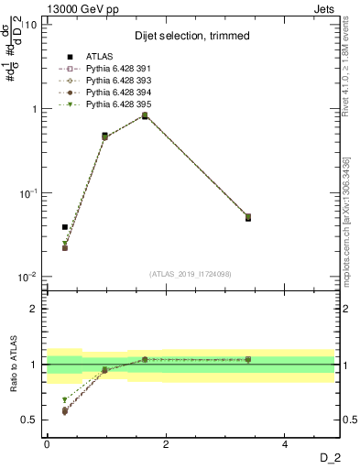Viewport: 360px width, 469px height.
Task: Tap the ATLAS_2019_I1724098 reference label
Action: click(190, 274)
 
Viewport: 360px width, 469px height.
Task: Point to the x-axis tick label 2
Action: click(166, 444)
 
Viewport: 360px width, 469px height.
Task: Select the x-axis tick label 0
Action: click(47, 444)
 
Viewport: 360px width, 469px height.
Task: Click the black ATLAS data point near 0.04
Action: click(65, 227)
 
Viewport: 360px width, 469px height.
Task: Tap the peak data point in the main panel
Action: click(145, 115)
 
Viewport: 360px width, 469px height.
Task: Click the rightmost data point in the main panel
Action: click(248, 217)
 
